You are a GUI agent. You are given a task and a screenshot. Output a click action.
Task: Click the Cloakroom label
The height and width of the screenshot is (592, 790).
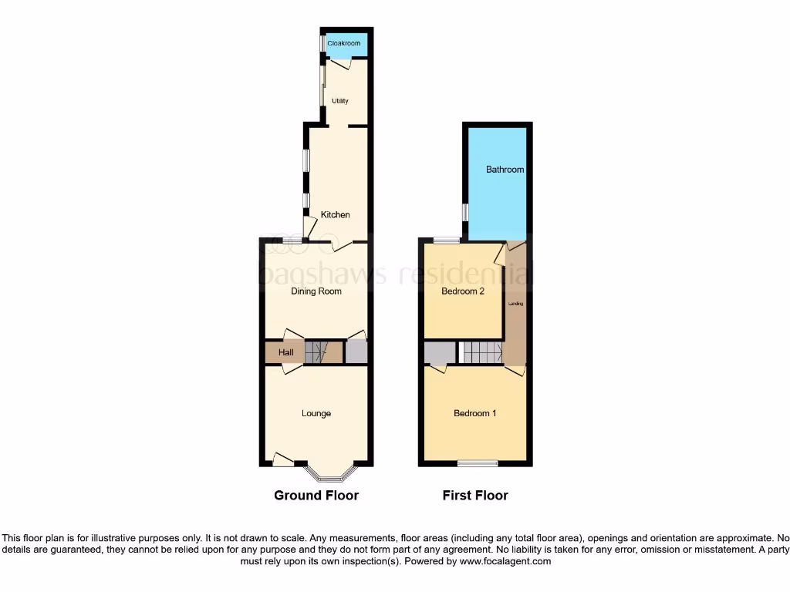point(344,44)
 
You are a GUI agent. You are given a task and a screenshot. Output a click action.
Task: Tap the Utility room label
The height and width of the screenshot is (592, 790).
point(340,101)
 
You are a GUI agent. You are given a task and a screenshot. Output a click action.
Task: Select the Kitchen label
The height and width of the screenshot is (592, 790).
point(336,215)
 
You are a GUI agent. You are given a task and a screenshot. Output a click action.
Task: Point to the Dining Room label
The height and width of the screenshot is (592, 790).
point(316,291)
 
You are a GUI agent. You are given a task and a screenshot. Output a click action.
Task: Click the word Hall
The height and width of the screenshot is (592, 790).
point(286,353)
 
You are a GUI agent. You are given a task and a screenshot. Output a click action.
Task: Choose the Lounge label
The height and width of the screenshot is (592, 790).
point(316,414)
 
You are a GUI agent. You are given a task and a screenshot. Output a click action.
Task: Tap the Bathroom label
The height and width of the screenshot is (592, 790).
point(505,170)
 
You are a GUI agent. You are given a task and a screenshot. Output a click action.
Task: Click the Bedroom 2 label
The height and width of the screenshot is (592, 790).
point(463,291)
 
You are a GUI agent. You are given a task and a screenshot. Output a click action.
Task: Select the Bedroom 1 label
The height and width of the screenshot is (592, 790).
point(474,414)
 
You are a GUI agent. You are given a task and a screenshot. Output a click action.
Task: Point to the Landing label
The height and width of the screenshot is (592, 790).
point(515,304)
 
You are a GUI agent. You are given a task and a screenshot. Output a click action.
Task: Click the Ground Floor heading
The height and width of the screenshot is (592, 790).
point(316,496)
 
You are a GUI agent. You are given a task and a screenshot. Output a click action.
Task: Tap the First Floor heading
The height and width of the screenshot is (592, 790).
point(475,496)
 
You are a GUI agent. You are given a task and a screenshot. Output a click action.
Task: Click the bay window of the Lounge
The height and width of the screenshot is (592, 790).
point(330,472)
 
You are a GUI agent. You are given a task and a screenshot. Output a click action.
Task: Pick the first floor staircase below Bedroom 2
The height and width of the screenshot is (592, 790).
point(482,353)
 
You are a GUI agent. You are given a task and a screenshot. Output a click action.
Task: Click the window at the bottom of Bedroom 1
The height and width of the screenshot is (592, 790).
point(478,463)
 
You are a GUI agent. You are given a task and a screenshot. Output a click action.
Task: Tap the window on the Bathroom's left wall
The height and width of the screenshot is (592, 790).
point(464,212)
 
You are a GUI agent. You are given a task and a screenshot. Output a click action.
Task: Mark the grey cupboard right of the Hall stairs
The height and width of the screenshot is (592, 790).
point(356,352)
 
